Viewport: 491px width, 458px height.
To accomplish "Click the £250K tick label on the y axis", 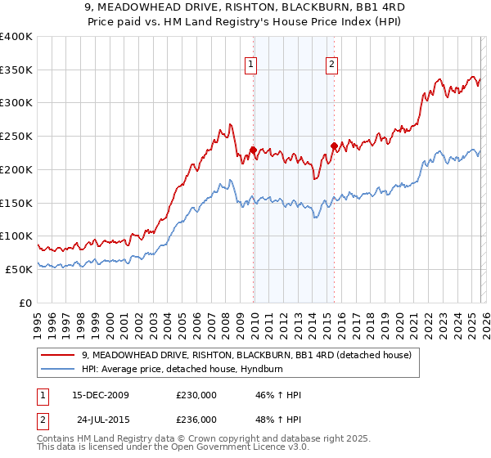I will click(x=16, y=136).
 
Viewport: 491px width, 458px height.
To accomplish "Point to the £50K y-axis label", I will click(x=19, y=268).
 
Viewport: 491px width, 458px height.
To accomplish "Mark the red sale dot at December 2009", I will click(x=253, y=150).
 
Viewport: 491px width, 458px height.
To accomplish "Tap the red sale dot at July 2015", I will click(x=334, y=146).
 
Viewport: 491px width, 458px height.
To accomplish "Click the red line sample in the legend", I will click(x=57, y=355).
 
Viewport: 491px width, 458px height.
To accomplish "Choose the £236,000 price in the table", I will click(x=196, y=420).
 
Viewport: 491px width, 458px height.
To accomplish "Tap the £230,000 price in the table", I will click(x=196, y=395).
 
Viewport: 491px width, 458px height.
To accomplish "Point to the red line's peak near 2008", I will click(x=232, y=124).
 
